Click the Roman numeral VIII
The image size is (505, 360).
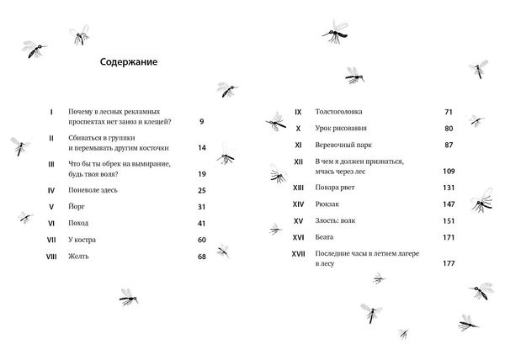50,256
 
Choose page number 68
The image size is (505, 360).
201,256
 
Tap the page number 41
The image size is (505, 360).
201,223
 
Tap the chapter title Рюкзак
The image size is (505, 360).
329,204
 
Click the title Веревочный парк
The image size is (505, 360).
344,145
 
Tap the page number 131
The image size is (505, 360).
448,188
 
